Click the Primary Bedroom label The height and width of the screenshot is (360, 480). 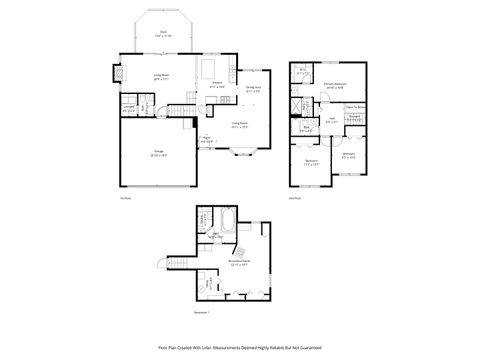click(335, 86)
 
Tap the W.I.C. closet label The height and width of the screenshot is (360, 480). click(303, 71)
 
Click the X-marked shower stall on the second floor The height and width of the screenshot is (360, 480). click(298, 103)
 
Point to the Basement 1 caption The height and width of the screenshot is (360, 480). click(201, 313)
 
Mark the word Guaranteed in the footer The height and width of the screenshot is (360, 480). click(312, 347)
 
